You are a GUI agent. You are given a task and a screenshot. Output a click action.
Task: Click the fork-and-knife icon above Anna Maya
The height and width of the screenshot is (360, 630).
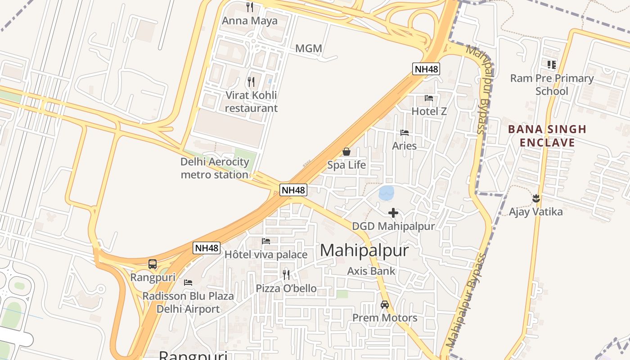point(250,7)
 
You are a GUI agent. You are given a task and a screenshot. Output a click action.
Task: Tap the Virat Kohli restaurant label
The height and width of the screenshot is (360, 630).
point(251,102)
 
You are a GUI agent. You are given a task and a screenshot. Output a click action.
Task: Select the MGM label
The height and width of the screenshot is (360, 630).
point(309,49)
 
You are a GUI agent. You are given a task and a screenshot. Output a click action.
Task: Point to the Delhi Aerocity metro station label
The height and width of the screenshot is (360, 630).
point(215,168)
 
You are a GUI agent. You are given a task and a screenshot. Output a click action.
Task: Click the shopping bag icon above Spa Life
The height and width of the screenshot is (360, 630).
point(346,152)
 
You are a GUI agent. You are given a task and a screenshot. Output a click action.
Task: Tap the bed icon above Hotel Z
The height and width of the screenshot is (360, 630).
point(429,98)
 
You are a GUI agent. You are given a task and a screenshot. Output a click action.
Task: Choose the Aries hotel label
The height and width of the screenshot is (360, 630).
point(404,146)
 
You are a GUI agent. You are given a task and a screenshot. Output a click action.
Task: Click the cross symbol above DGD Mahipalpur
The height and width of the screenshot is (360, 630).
point(393,213)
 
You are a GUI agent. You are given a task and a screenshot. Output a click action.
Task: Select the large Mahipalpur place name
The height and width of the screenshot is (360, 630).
point(364,251)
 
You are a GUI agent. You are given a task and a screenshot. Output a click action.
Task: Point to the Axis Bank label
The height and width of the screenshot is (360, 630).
point(371,271)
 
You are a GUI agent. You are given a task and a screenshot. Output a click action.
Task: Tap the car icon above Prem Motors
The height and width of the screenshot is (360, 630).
point(385,305)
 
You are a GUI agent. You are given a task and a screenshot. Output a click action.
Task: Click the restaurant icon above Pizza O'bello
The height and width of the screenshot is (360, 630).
point(286,274)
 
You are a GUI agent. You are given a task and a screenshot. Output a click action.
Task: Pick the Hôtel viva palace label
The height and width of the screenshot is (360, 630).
point(266,255)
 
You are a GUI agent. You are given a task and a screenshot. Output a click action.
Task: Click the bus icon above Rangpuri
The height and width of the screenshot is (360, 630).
point(153,264)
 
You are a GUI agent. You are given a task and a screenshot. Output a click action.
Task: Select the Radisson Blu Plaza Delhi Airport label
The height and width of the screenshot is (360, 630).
point(188,302)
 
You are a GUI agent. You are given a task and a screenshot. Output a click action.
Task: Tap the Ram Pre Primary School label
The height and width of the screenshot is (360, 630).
point(552,85)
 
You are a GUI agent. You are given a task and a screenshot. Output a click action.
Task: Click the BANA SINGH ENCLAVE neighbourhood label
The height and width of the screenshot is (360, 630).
point(547,136)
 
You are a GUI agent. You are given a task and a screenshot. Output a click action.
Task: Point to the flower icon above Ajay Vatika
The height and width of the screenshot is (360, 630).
point(536,198)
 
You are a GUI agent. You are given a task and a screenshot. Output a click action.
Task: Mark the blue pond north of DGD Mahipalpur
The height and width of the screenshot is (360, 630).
point(387,193)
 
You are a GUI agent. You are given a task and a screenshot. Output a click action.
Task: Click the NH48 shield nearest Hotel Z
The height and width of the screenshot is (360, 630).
point(426,69)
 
